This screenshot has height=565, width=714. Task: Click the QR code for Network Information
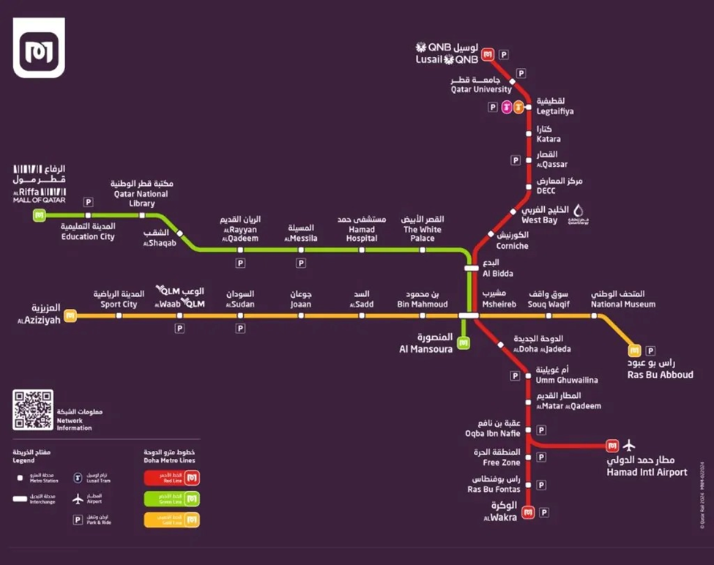33,410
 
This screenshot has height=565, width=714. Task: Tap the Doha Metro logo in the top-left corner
39,48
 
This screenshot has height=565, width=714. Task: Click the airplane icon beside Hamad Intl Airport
628,446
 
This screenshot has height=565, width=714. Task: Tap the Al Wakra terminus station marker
529,512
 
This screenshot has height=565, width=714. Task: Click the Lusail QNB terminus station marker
488,54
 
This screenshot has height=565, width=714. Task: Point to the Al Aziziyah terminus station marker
70,316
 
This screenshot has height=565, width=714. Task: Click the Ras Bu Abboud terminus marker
634,351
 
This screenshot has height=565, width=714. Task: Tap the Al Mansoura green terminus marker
463,341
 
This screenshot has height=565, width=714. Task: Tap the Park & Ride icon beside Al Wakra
544,512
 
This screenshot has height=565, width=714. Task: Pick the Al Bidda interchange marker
472,268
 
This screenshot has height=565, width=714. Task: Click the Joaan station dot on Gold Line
301,316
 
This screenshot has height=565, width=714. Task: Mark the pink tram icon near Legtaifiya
506,107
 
